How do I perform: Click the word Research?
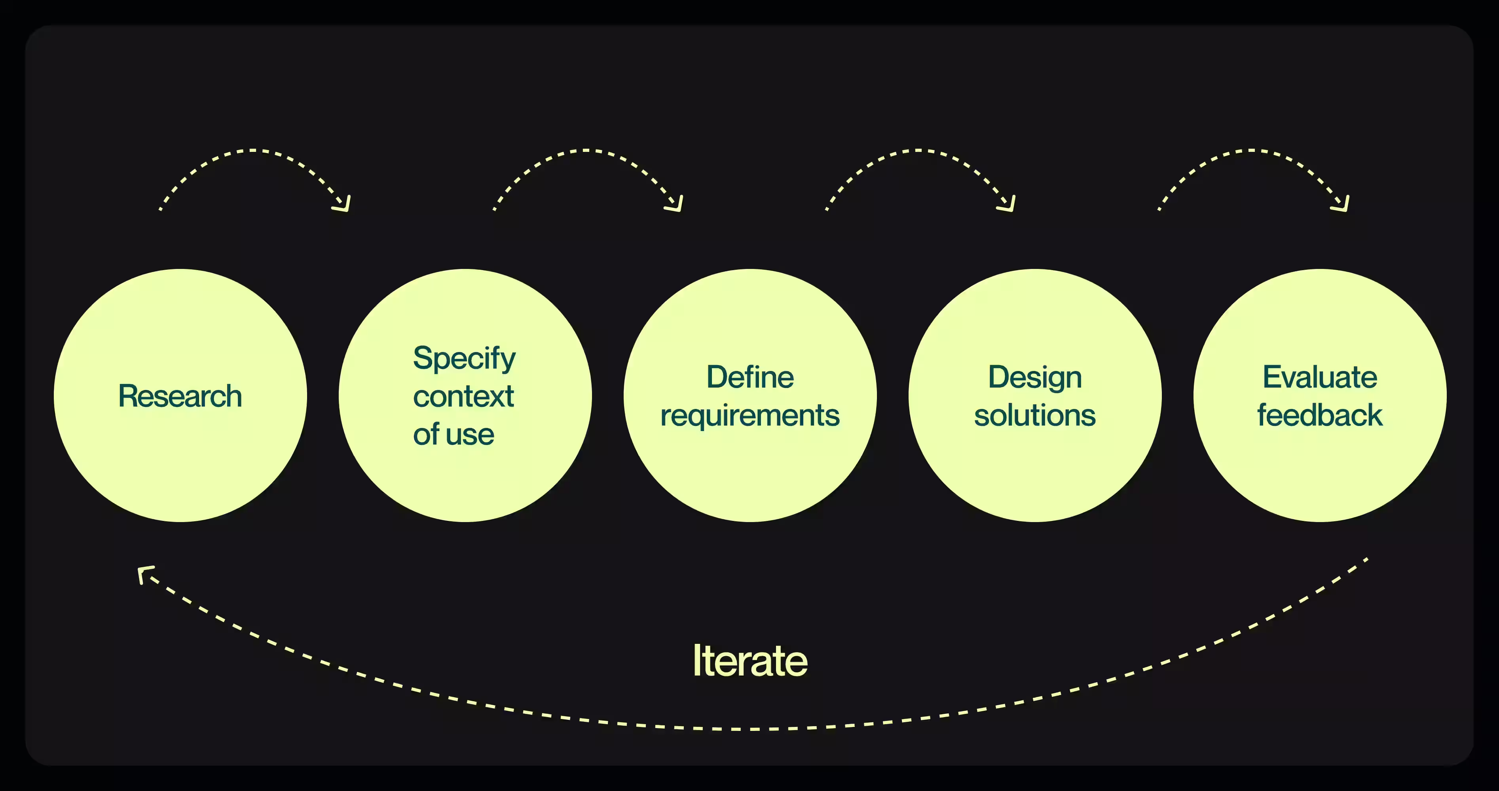point(180,396)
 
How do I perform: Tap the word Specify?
point(464,358)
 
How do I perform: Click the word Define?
point(749,377)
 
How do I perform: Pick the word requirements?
point(749,415)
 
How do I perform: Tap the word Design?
point(1035,377)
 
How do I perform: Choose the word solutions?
point(1035,415)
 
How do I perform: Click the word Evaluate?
point(1319,377)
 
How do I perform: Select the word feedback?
point(1319,415)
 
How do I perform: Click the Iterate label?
point(749,661)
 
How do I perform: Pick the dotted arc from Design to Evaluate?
point(1251,151)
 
